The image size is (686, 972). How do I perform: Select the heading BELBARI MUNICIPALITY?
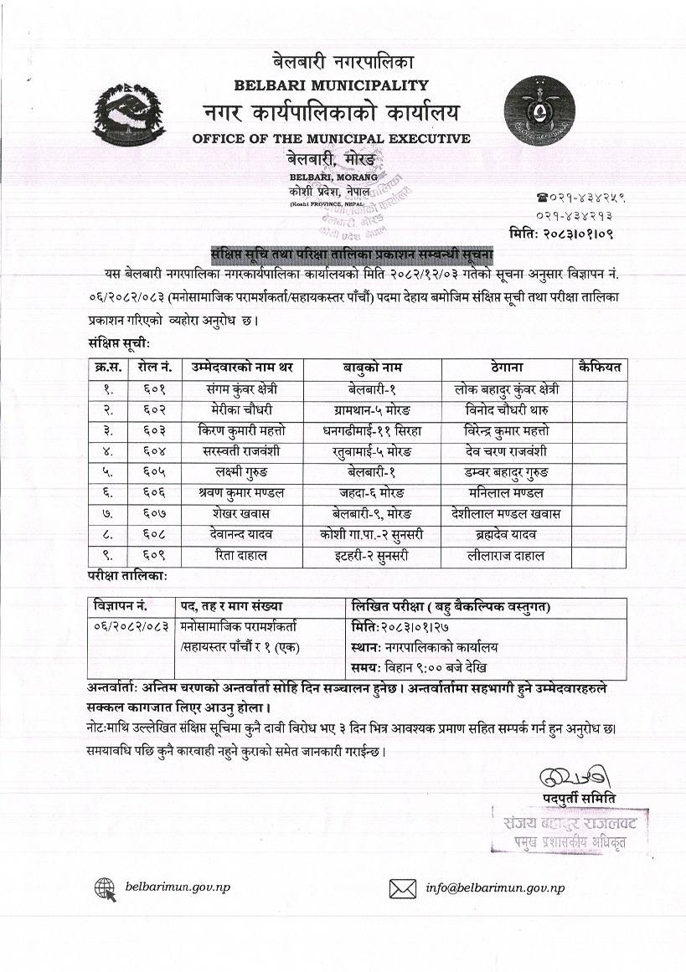(331, 85)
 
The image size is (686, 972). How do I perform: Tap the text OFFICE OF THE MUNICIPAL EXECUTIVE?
(331, 138)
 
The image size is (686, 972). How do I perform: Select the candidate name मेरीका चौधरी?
(241, 409)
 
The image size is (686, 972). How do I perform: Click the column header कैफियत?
(599, 368)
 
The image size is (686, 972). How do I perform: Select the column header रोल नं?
(154, 368)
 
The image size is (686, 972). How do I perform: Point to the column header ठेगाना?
(507, 368)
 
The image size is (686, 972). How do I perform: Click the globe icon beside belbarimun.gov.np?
(106, 888)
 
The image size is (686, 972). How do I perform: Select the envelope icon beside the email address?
(403, 888)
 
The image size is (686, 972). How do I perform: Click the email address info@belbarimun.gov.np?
(495, 888)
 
